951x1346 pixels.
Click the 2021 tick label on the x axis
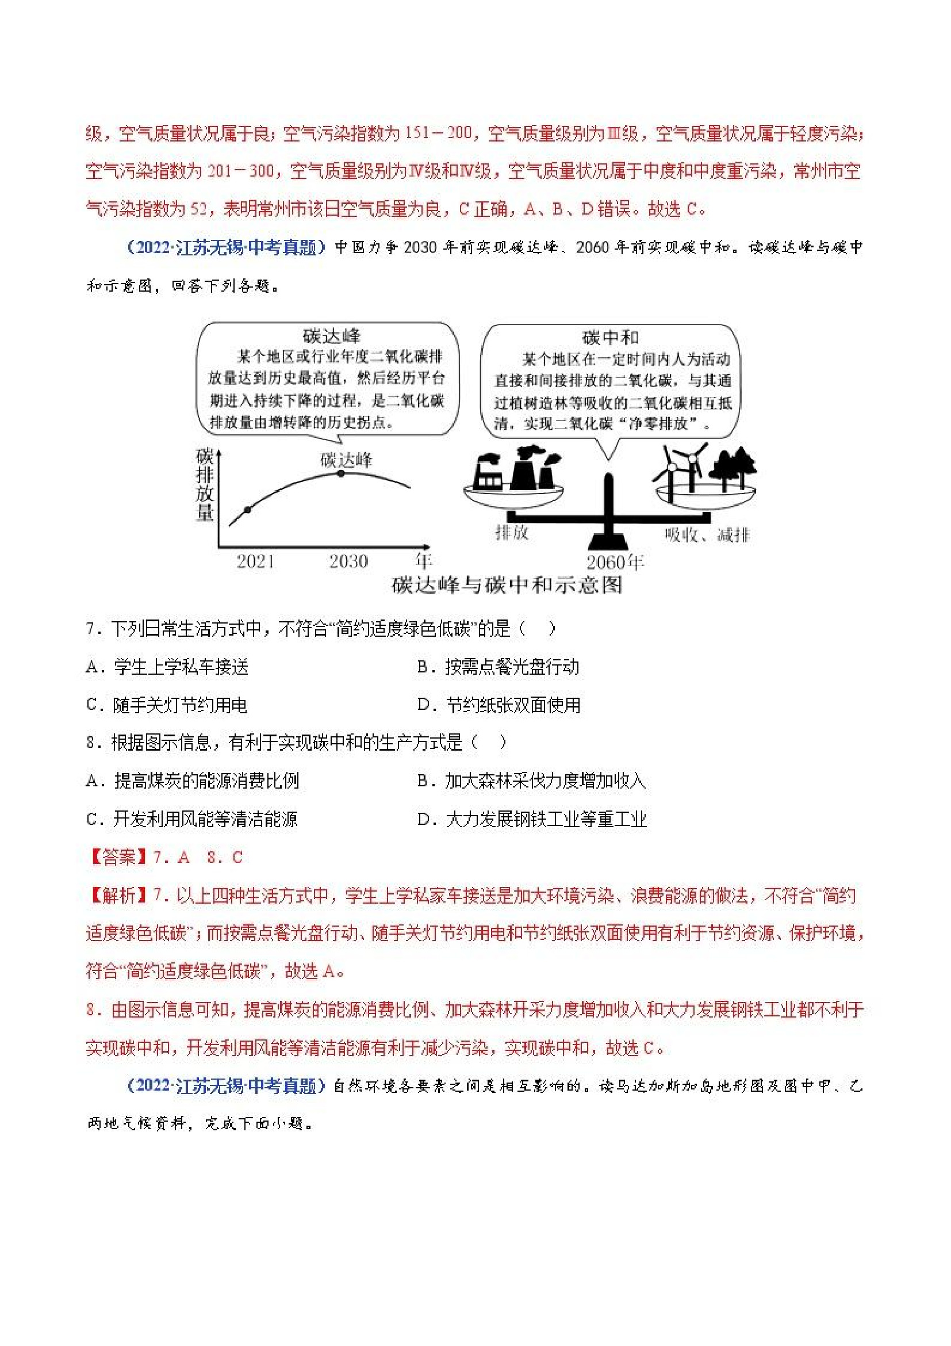(255, 561)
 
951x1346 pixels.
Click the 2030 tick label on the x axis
(348, 561)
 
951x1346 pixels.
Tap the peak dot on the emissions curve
(342, 473)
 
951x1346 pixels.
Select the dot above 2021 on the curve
(247, 510)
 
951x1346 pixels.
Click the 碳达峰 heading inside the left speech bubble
(332, 336)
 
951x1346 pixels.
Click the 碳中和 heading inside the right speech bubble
(610, 338)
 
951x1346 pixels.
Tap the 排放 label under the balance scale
(512, 531)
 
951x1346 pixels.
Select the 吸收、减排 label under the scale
(706, 534)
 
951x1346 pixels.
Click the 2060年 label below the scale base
(615, 562)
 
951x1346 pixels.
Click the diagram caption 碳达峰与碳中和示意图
(507, 585)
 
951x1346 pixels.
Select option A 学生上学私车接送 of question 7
(167, 667)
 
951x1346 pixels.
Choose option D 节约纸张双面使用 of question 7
(498, 705)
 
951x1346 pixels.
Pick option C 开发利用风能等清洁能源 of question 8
(192, 819)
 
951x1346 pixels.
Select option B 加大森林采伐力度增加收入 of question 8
(531, 781)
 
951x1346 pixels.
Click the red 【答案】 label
(118, 857)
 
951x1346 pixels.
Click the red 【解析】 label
(118, 895)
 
